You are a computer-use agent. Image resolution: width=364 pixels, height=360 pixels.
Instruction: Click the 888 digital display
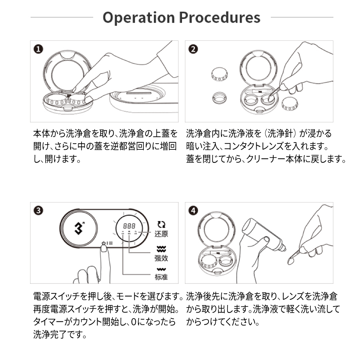129,226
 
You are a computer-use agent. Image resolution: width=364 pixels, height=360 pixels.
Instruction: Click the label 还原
161,234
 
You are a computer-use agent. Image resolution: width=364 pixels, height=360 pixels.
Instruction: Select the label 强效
161,258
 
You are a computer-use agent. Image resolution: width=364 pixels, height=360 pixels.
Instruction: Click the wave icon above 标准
161,270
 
